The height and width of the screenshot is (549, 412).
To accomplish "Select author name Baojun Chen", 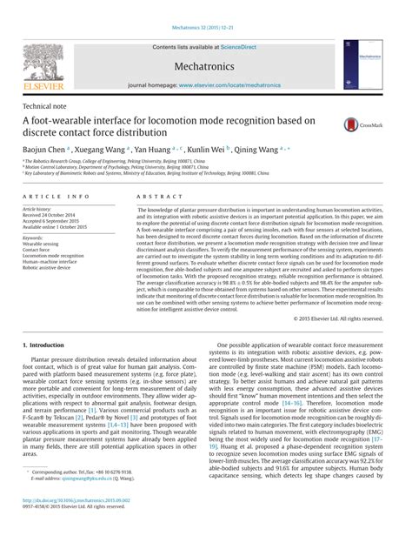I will click(43, 150).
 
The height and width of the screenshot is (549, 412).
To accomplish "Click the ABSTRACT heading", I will click(155, 198).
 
